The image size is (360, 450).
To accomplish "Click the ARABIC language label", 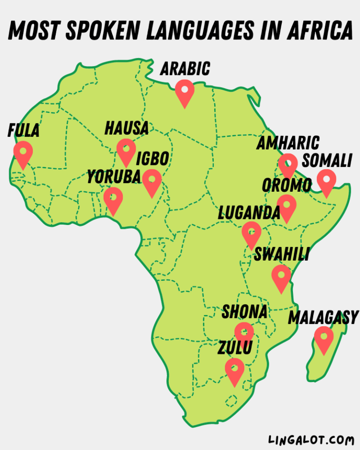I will (x=185, y=69).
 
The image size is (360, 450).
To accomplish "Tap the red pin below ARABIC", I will (x=185, y=91).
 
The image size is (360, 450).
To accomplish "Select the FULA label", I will (x=23, y=131).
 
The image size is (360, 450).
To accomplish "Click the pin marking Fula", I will (x=23, y=153).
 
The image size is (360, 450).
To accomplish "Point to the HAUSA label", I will (x=127, y=128).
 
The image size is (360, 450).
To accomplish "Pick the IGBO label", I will (x=152, y=159).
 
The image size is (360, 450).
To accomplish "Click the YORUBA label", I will (x=114, y=177).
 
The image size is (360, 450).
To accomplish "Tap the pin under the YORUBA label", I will (x=113, y=199).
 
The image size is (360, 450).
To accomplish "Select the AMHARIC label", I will (x=288, y=142).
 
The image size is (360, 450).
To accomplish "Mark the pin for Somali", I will (x=326, y=181).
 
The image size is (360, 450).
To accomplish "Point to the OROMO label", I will (x=286, y=185).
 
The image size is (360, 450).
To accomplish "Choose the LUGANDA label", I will (x=249, y=213).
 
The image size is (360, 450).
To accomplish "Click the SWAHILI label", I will (x=281, y=254).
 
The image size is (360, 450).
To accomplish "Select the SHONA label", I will (x=245, y=311).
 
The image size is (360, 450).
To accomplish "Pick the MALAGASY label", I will (x=323, y=317).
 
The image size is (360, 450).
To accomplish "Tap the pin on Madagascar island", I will (x=323, y=338).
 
